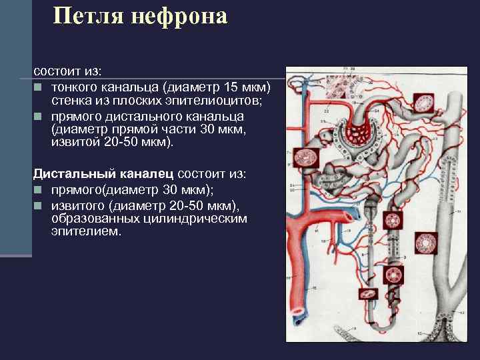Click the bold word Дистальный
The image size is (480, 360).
tap(75, 173)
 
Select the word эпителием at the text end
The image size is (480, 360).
tap(86, 231)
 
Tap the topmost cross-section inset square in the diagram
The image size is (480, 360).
tap(424, 103)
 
